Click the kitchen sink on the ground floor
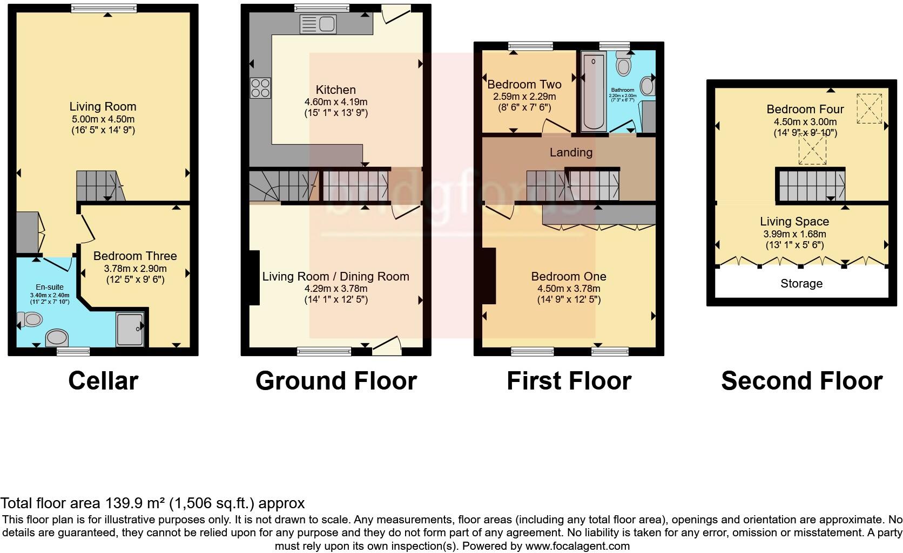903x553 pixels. [318, 24]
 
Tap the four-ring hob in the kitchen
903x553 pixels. [260, 88]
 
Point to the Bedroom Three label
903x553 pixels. [135, 256]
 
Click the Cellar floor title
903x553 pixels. [103, 381]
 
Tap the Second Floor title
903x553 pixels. [801, 381]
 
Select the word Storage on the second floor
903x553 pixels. [801, 284]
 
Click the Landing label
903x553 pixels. [571, 153]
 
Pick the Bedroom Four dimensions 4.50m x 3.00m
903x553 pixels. [805, 122]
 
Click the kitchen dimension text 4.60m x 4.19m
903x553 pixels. [335, 102]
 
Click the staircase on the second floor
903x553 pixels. [811, 185]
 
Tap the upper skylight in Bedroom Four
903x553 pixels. [869, 106]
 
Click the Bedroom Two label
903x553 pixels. [524, 85]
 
